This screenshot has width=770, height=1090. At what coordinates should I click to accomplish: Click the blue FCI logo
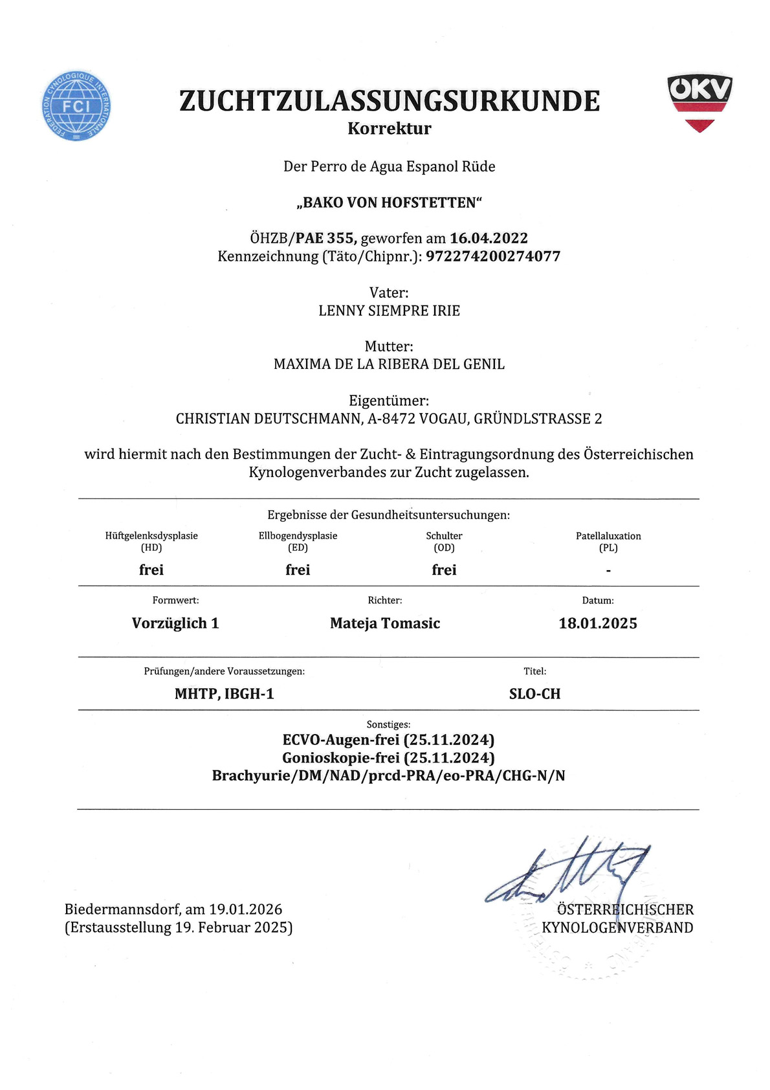tap(76, 106)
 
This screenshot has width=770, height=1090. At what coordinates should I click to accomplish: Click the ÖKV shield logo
tap(699, 102)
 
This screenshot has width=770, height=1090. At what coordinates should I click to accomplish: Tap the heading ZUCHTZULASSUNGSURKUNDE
tap(390, 101)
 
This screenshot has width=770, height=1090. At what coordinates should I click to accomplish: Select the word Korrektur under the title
tap(390, 128)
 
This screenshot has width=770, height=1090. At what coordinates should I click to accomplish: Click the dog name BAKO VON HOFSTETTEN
tap(390, 203)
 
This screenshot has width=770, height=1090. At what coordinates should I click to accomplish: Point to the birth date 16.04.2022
tap(489, 238)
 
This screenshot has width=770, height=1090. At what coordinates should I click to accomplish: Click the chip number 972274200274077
tap(493, 256)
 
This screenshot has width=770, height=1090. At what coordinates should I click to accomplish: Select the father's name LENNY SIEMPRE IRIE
tap(390, 311)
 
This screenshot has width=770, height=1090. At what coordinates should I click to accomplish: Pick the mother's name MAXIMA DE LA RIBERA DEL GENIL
tap(390, 364)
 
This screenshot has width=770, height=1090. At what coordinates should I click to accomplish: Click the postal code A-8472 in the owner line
tap(391, 419)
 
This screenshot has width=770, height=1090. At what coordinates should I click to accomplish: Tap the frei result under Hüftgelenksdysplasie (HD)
tap(151, 570)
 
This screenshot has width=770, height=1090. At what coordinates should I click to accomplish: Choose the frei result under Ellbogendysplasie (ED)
tap(298, 570)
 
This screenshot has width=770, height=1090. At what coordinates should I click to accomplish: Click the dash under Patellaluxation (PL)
tap(608, 571)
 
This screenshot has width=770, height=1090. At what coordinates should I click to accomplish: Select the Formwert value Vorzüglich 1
tap(175, 623)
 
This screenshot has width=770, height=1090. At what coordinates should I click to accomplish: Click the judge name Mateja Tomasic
tap(385, 623)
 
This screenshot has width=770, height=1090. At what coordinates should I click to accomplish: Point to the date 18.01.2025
tap(598, 623)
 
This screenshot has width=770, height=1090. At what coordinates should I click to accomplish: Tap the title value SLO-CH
tap(534, 694)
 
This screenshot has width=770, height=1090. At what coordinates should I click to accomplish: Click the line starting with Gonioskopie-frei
tap(388, 757)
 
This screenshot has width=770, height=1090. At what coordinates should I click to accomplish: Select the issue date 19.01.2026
tap(246, 909)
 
